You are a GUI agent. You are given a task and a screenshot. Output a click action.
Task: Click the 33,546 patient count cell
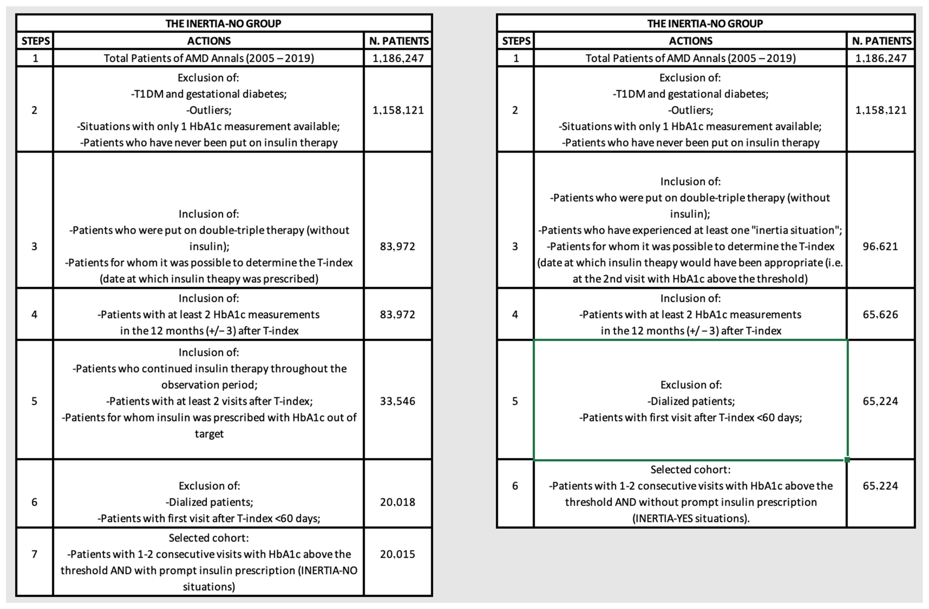click(397, 401)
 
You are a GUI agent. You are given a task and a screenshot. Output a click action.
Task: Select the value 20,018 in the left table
click(397, 502)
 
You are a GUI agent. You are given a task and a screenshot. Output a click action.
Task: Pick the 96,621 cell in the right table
click(880, 246)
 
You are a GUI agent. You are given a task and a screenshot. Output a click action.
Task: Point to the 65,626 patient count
click(880, 314)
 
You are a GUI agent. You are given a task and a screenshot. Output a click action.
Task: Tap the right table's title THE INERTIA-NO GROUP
click(705, 23)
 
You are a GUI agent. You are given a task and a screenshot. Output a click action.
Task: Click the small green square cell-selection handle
click(847, 460)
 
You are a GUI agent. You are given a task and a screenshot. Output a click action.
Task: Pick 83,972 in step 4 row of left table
click(397, 314)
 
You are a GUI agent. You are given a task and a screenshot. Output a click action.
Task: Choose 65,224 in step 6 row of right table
click(880, 486)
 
